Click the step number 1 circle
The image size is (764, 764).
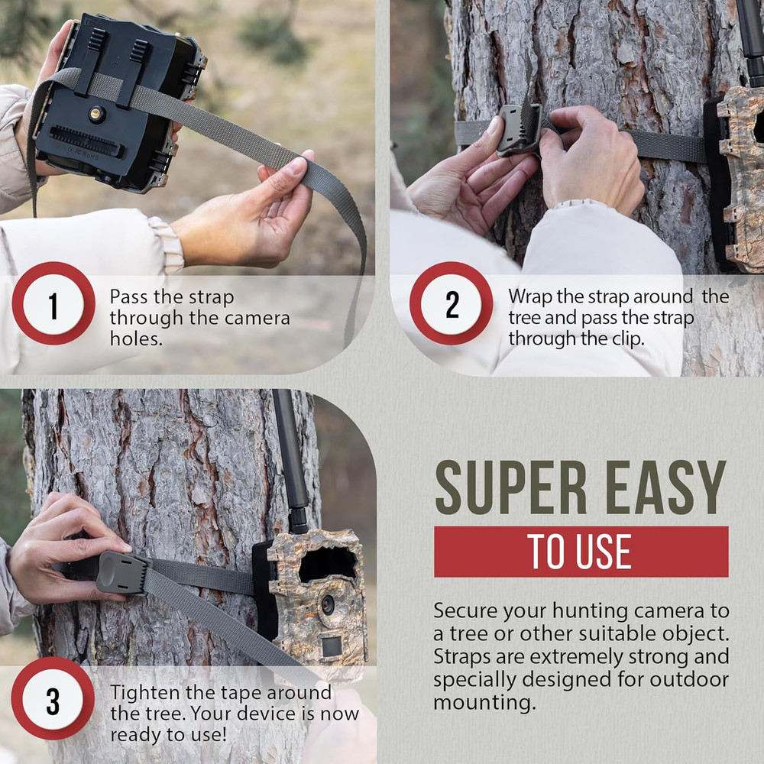(x=53, y=304)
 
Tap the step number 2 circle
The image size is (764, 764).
(x=452, y=304)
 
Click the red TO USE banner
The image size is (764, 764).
(x=581, y=552)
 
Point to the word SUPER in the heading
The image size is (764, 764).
(x=508, y=488)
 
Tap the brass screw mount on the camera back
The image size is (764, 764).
(x=95, y=115)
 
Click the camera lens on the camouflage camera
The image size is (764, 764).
(x=328, y=604)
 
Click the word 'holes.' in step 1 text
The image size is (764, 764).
(x=136, y=338)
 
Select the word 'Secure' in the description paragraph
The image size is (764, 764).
(x=462, y=611)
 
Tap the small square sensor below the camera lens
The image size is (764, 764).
(x=332, y=646)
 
